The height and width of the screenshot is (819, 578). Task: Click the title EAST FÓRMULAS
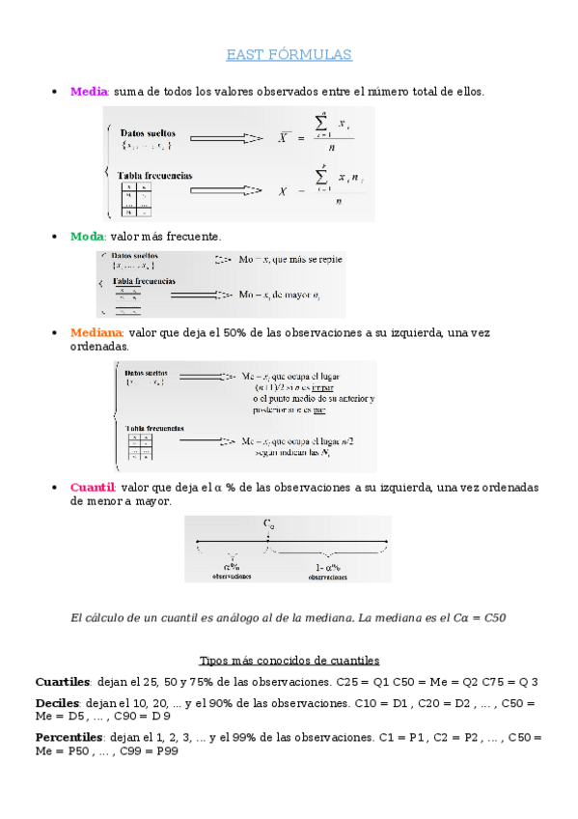[289, 55]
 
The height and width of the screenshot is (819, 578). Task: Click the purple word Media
[89, 92]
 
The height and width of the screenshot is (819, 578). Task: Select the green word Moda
[87, 237]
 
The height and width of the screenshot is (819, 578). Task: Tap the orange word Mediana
[96, 332]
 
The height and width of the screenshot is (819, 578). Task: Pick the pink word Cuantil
[93, 488]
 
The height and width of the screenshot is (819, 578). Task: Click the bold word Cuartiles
[63, 682]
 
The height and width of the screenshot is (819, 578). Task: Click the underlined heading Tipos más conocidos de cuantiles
[289, 661]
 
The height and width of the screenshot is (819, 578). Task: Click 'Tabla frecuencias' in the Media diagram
[154, 175]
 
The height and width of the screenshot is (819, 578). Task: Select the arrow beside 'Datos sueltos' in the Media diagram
[226, 139]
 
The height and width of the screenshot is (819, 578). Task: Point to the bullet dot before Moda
[53, 237]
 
